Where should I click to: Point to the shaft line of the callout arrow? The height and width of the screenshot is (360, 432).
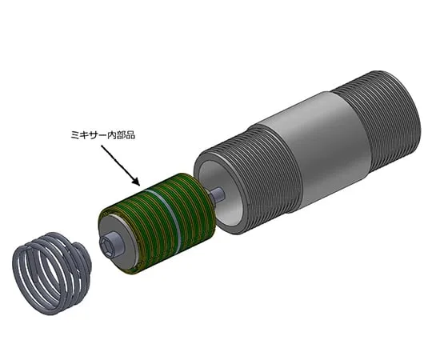click(120, 160)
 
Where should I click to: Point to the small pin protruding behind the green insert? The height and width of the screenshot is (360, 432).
click(216, 193)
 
